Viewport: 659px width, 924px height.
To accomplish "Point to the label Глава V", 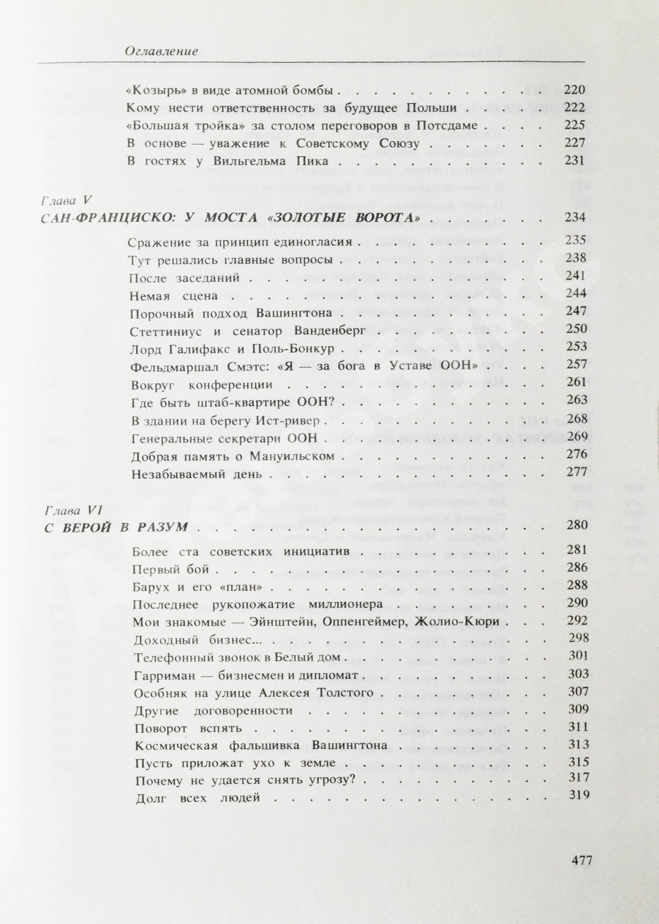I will pyautogui.click(x=67, y=200).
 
